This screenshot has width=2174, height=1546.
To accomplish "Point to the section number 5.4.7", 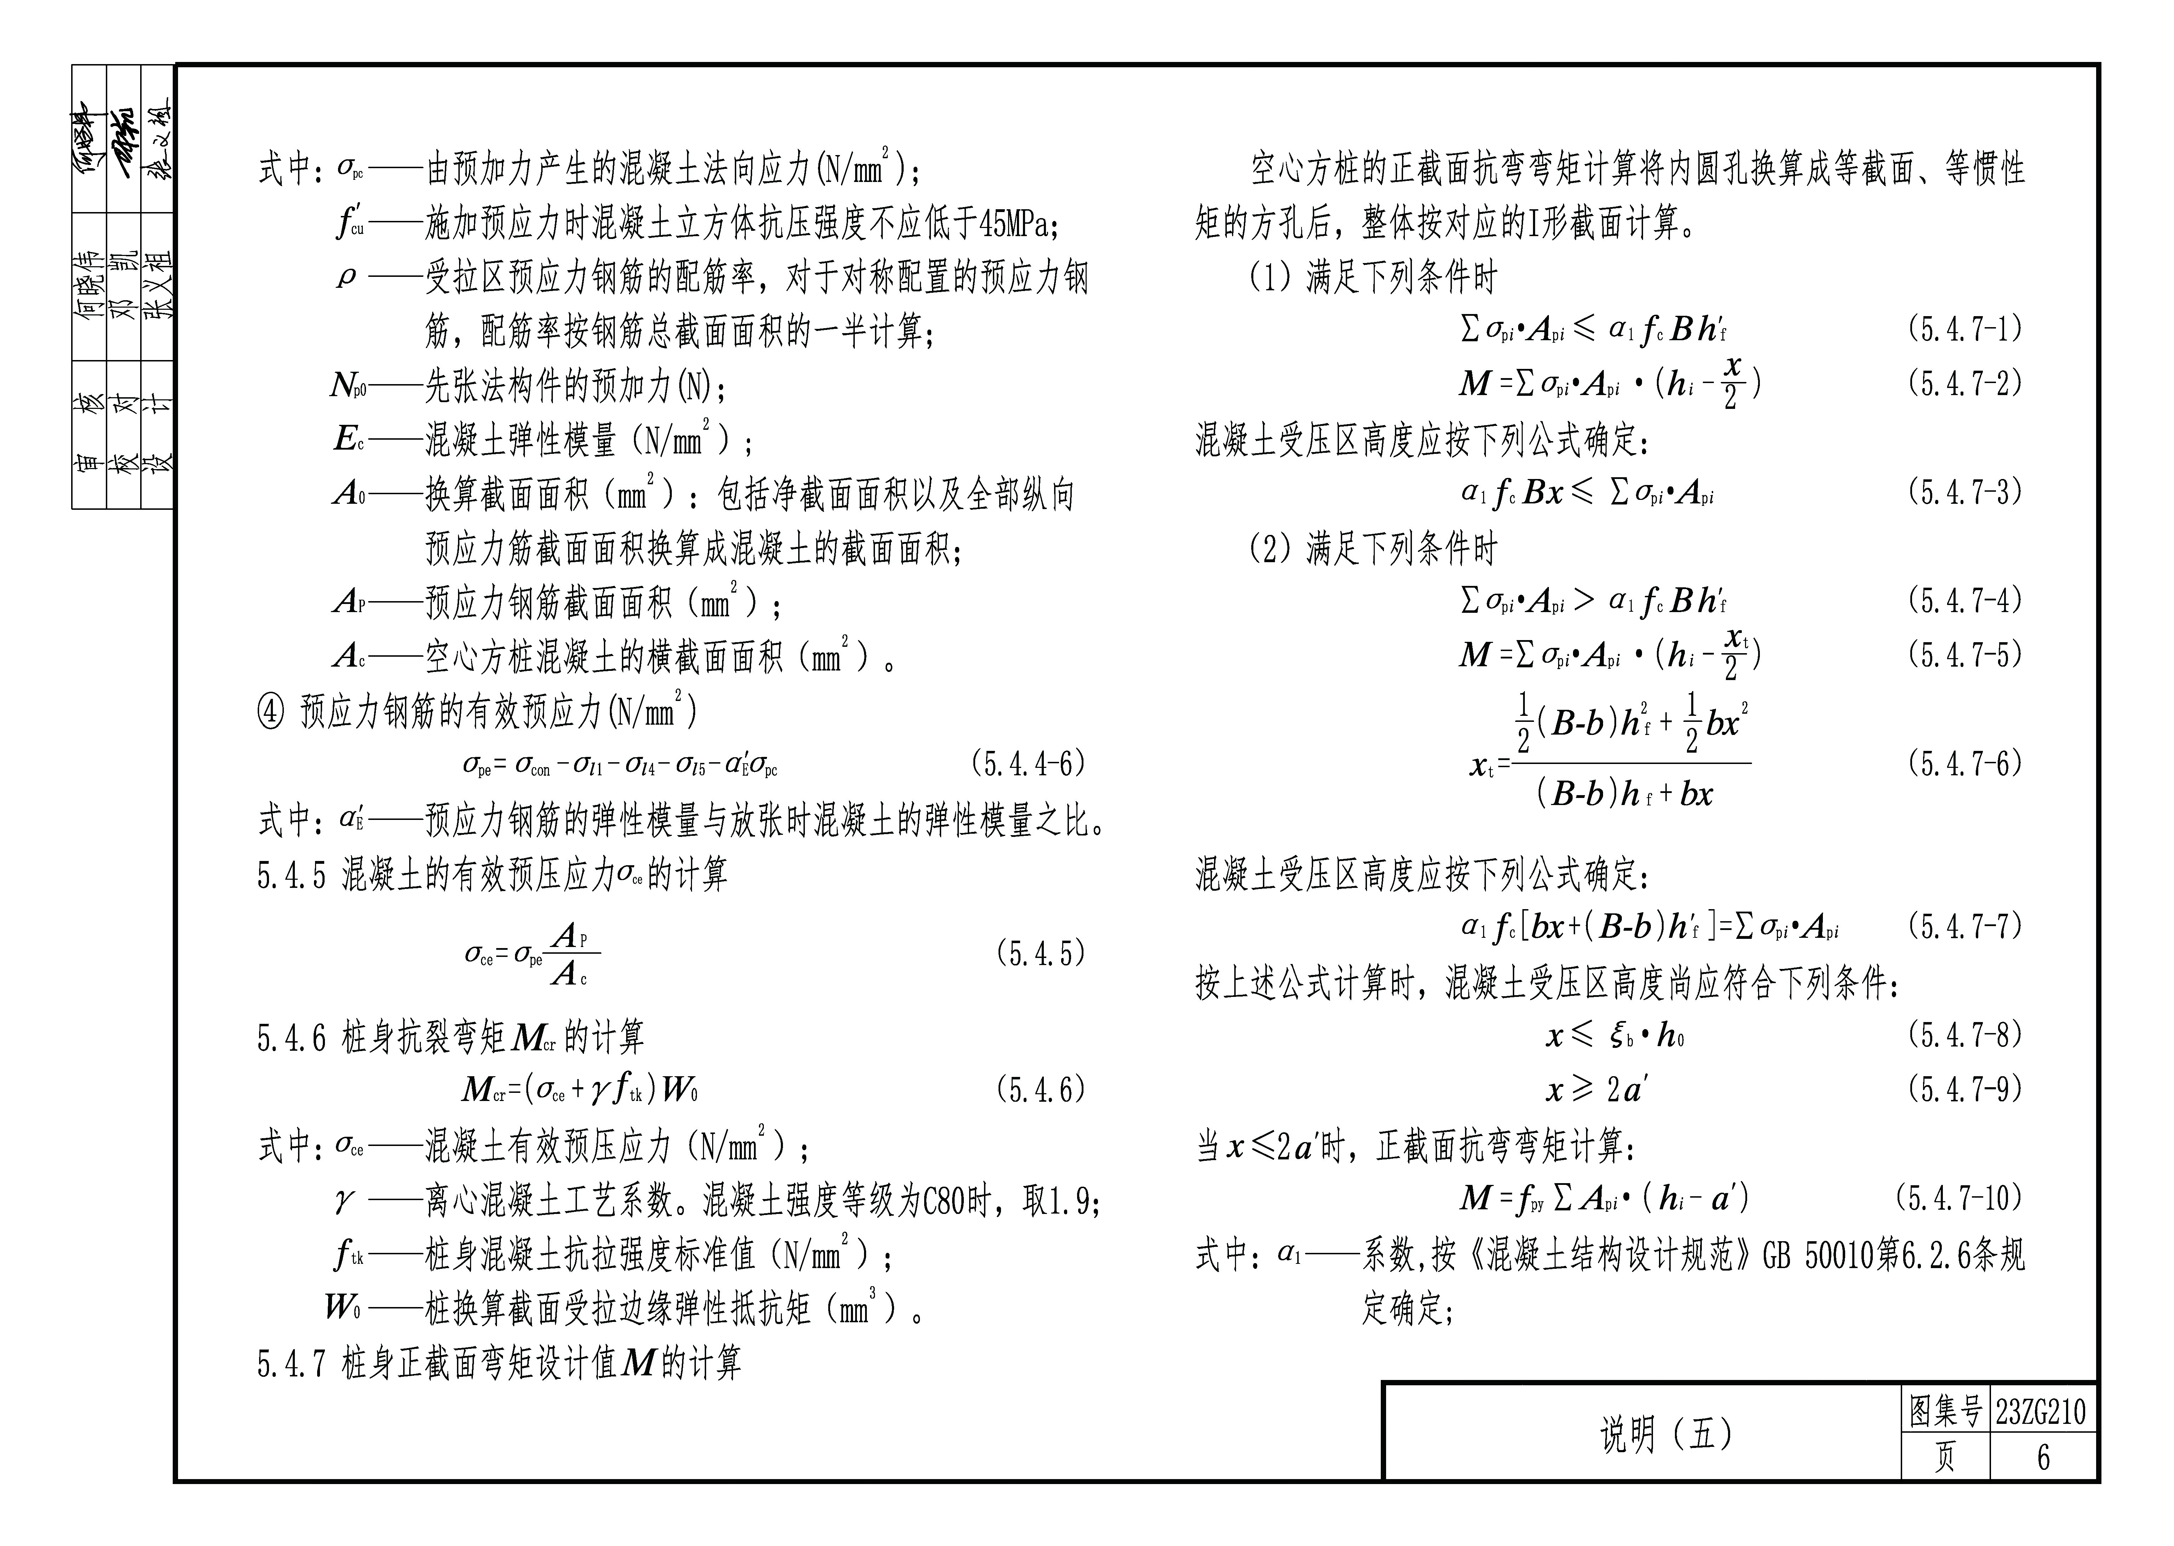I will point(291,1364).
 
